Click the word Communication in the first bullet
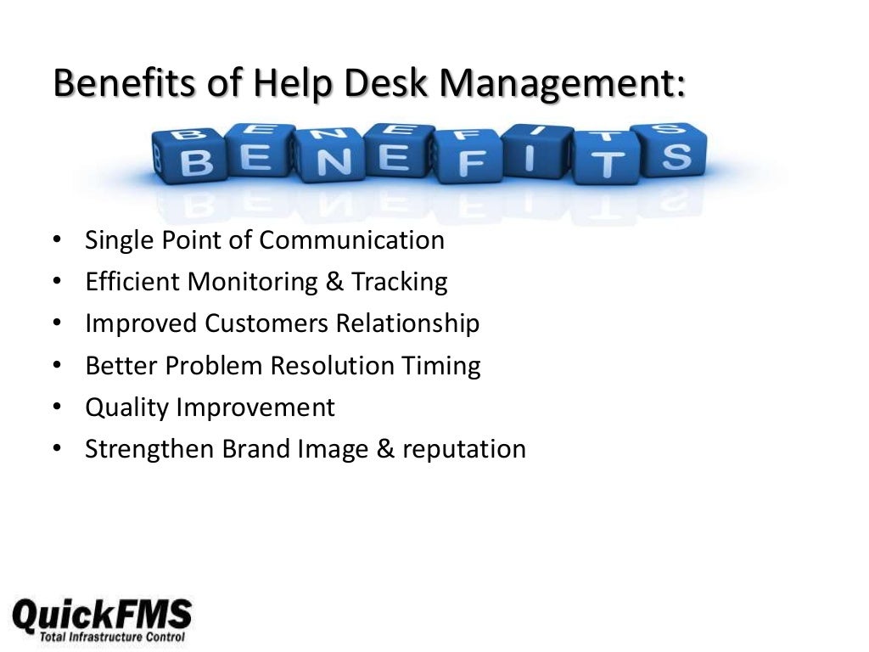(x=351, y=240)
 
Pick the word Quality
(x=126, y=407)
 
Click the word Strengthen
(x=149, y=449)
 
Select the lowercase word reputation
(x=464, y=450)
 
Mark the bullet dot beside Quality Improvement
(x=56, y=407)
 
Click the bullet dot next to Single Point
(x=56, y=240)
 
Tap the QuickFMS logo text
(x=102, y=611)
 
